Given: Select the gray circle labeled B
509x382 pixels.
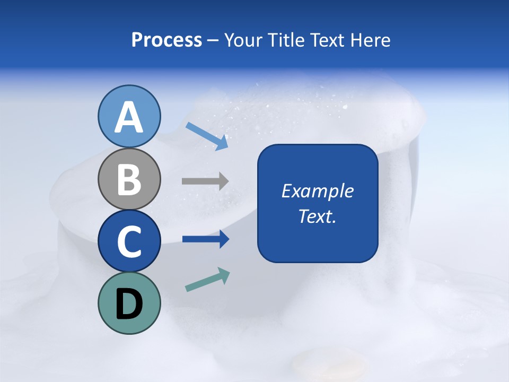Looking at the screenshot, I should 129,179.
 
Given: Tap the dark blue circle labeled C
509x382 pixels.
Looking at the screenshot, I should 129,241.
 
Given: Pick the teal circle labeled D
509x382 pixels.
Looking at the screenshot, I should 129,303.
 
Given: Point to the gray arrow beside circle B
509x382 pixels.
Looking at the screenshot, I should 205,181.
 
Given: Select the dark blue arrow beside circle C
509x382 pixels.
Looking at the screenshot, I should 205,239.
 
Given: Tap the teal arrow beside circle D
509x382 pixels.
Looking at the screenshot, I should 207,280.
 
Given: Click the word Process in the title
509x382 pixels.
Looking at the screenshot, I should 166,40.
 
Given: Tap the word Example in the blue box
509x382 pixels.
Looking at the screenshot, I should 317,191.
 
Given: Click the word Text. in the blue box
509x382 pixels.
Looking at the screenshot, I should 317,216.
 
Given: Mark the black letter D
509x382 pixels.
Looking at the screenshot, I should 129,304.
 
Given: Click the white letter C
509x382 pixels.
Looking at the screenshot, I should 129,242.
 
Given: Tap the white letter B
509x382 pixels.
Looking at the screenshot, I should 129,179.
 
